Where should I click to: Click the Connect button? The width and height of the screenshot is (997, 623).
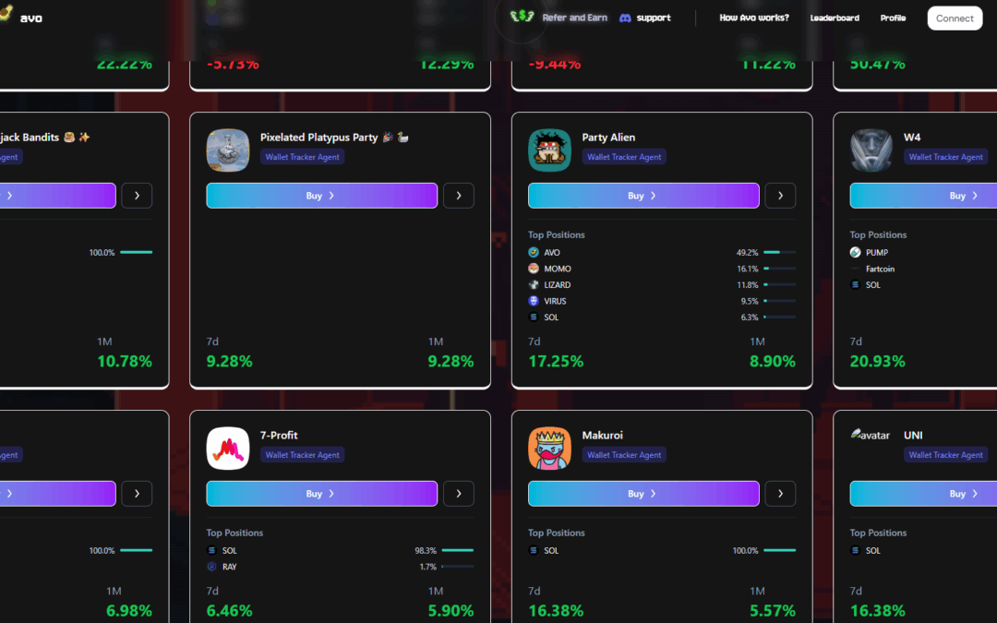(955, 18)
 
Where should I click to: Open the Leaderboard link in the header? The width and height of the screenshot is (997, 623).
(835, 18)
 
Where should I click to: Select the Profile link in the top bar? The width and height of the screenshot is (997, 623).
(893, 18)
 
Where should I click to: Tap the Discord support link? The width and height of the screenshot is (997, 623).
(644, 18)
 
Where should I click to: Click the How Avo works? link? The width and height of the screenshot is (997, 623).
(754, 18)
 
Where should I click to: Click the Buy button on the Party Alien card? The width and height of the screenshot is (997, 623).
(643, 196)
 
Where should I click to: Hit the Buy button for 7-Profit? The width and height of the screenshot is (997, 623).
(321, 494)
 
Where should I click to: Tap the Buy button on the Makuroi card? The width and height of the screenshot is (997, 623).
(643, 494)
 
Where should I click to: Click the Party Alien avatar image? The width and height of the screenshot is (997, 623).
(549, 150)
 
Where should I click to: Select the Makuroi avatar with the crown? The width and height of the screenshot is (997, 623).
(549, 449)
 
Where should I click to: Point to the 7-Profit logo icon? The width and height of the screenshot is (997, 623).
(228, 449)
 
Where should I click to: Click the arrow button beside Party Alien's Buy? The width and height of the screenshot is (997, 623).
(780, 196)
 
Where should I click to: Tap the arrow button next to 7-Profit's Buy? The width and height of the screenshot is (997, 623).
(459, 494)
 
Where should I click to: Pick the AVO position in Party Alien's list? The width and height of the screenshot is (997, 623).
(552, 252)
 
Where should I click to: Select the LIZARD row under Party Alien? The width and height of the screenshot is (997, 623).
(557, 285)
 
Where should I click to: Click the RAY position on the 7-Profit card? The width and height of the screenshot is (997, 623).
(230, 567)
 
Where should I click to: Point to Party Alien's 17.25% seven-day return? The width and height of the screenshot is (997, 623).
(556, 362)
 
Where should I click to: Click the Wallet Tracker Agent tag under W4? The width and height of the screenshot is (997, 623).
(945, 157)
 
